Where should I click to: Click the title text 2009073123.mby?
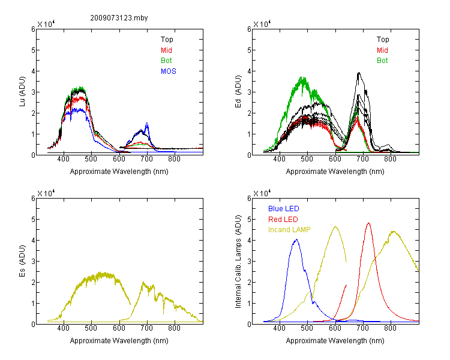(119, 18)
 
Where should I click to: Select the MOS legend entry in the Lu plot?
(169, 71)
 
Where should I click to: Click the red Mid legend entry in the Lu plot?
(166, 50)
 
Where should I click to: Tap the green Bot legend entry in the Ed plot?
(382, 61)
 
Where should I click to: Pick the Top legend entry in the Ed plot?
(383, 40)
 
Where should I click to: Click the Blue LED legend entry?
(284, 209)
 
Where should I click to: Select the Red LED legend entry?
(283, 220)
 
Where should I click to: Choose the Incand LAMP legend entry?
(289, 230)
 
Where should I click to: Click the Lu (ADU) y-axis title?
(22, 92)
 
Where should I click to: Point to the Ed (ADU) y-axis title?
(238, 92)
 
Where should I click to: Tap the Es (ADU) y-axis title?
(22, 261)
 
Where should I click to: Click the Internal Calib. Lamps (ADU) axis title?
(238, 262)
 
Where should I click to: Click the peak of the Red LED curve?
(368, 223)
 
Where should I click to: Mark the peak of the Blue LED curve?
(296, 239)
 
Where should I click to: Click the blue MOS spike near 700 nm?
(147, 123)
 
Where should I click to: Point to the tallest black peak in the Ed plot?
(359, 73)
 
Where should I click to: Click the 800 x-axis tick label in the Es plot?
(174, 328)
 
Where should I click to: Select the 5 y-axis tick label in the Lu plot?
(33, 50)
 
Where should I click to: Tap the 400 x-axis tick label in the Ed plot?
(279, 159)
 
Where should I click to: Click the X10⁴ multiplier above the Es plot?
(46, 193)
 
